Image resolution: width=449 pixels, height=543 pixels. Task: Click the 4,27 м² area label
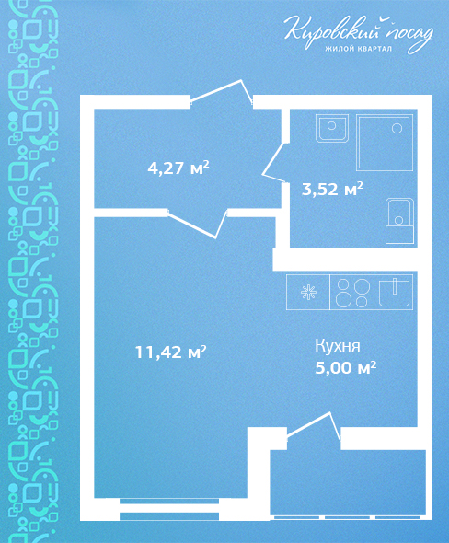(178, 168)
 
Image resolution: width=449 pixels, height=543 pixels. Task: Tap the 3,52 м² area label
(333, 189)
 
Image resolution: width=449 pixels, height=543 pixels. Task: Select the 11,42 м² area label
(170, 352)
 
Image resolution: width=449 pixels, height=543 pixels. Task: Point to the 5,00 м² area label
(346, 368)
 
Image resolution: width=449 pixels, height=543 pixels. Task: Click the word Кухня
(338, 346)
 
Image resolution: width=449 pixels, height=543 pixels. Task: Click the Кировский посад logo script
(359, 33)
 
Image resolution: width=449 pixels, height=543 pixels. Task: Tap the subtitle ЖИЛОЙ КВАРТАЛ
(358, 49)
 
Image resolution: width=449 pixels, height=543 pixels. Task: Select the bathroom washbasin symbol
(331, 128)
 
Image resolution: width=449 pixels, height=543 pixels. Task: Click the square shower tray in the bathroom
(385, 143)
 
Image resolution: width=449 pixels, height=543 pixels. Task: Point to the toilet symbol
(400, 221)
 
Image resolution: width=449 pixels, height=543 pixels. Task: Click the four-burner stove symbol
(352, 292)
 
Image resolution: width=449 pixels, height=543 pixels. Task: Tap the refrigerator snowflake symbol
(308, 292)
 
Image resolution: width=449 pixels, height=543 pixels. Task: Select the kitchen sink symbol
(394, 292)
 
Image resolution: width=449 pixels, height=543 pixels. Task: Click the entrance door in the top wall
(222, 93)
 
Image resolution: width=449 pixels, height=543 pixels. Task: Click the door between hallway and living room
(197, 224)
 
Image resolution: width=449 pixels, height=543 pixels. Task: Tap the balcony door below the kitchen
(314, 428)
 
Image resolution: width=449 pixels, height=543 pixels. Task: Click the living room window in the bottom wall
(169, 509)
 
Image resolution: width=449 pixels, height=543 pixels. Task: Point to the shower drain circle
(397, 129)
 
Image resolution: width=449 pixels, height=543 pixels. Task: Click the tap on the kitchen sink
(395, 286)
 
